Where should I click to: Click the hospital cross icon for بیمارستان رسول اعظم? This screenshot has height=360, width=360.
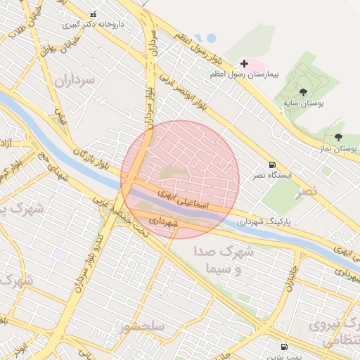[x=244, y=63]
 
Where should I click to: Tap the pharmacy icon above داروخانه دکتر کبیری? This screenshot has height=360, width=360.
[x=94, y=14]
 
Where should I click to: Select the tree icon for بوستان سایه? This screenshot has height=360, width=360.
[x=303, y=91]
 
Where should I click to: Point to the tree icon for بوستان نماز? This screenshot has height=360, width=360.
[x=338, y=137]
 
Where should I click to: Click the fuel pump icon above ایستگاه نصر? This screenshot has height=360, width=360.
[x=273, y=163]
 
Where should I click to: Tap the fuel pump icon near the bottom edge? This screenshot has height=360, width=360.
[x=284, y=347]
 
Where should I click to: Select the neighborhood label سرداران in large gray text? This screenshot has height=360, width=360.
[x=74, y=79]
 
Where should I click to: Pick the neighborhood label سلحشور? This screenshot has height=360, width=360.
[x=142, y=327]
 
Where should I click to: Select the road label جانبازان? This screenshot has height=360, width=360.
[x=291, y=276]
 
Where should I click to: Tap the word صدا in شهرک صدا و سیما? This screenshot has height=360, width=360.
[x=229, y=252]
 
